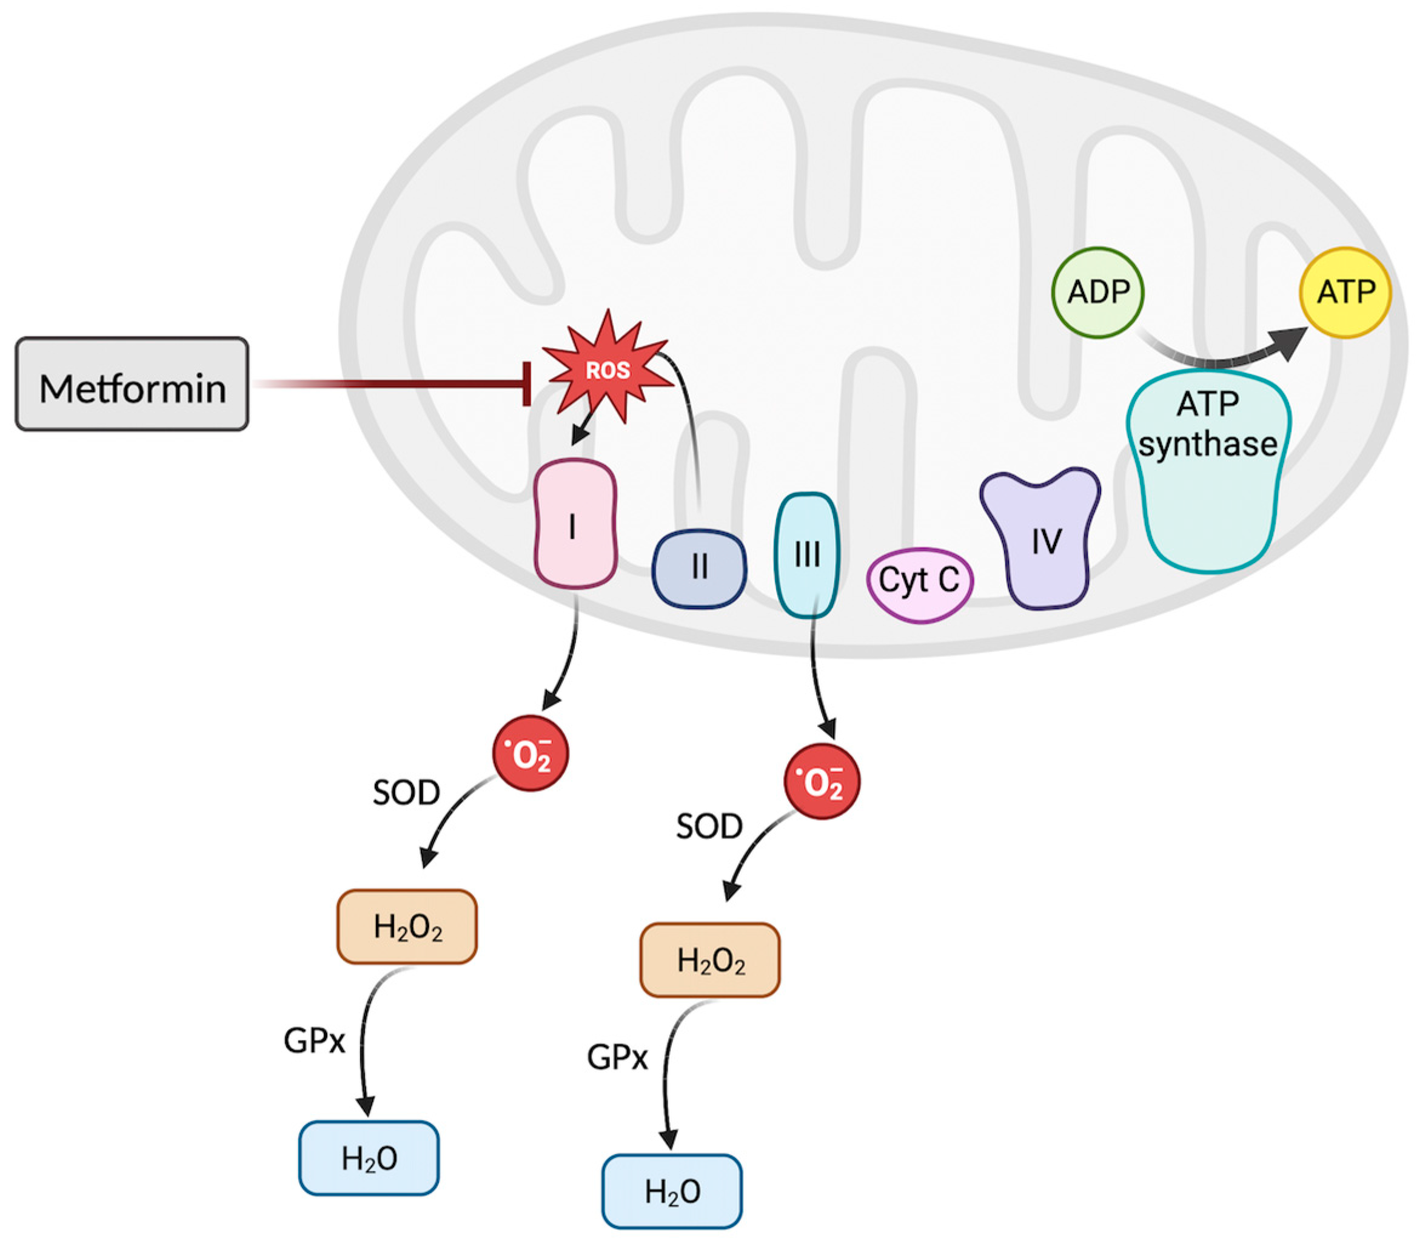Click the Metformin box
tap(132, 385)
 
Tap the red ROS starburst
tap(608, 369)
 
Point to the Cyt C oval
tap(919, 582)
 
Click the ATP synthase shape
tap(1208, 477)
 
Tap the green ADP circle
tap(1097, 292)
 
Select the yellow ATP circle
tap(1345, 292)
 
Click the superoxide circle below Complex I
tap(531, 754)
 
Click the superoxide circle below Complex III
tap(822, 783)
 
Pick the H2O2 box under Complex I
tap(407, 926)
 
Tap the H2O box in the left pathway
tap(369, 1158)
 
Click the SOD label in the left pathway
tap(406, 793)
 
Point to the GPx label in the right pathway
tap(617, 1057)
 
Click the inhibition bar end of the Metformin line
tap(527, 383)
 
